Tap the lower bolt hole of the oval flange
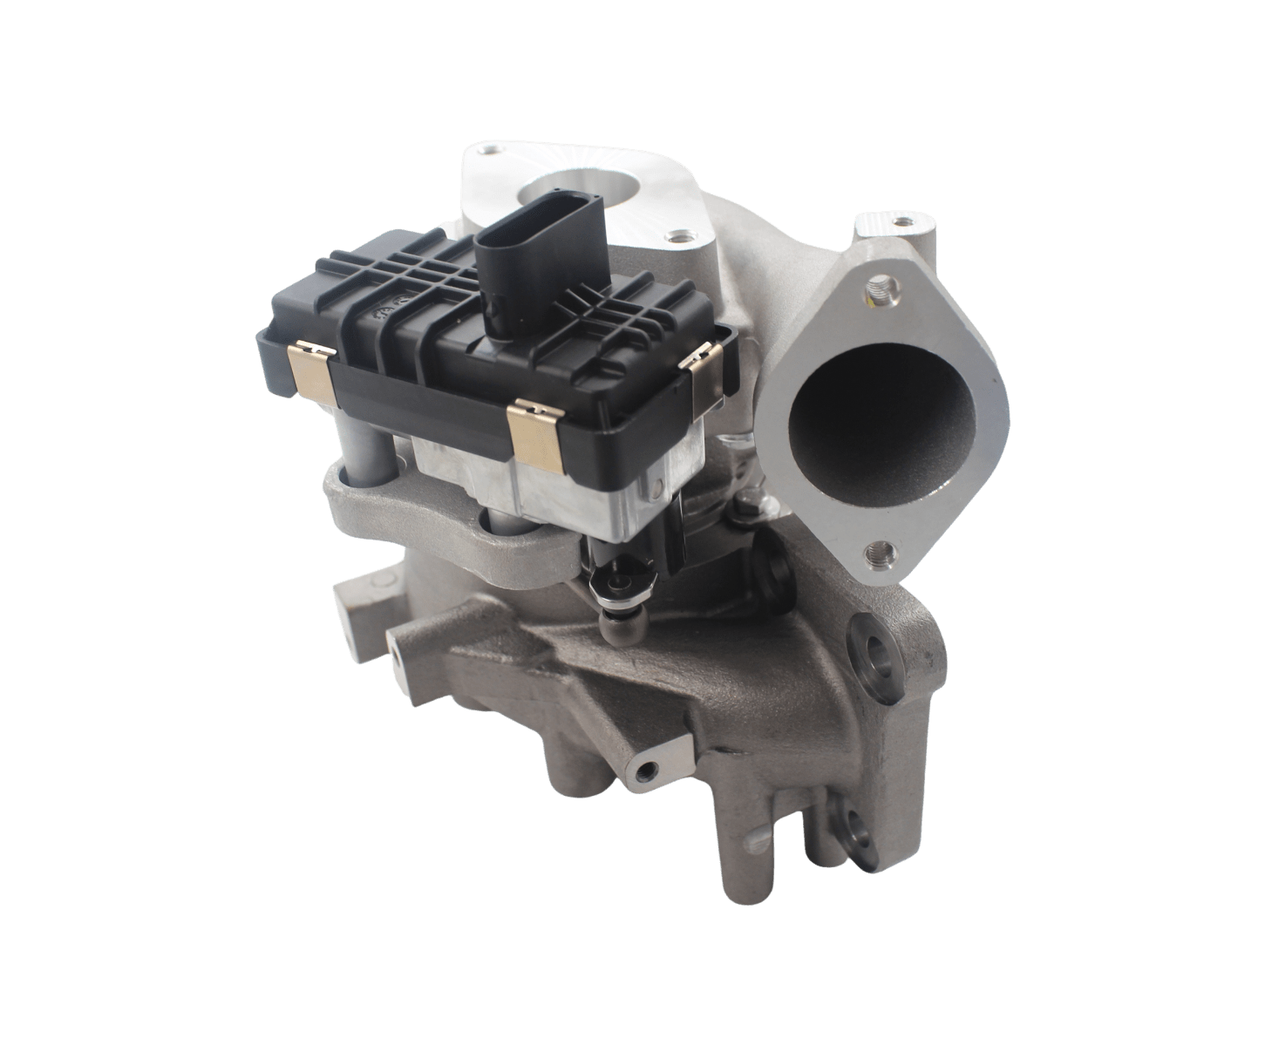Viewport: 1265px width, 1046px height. click(881, 551)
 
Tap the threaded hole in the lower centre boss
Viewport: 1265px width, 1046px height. click(646, 772)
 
